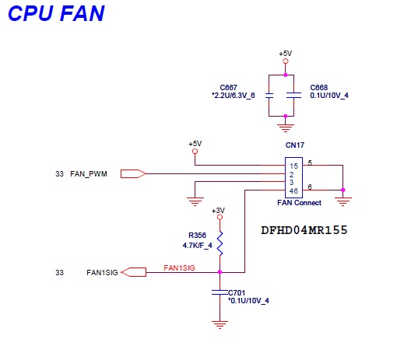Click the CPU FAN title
click(56, 13)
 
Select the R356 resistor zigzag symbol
click(220, 243)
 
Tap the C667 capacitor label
click(229, 87)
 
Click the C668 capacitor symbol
click(293, 96)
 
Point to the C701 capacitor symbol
click(220, 292)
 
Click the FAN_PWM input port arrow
click(133, 174)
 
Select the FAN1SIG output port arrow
click(133, 272)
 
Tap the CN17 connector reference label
click(295, 145)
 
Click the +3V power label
click(218, 211)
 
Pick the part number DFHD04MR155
click(304, 230)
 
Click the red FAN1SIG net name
click(179, 267)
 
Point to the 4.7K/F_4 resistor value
click(197, 246)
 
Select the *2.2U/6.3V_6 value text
click(234, 96)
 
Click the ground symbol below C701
click(220, 325)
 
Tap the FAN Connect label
click(299, 203)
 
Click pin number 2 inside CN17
click(291, 175)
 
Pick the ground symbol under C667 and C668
click(286, 128)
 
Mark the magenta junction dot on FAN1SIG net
click(220, 272)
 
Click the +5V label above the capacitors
click(286, 54)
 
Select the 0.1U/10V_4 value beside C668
click(329, 96)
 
